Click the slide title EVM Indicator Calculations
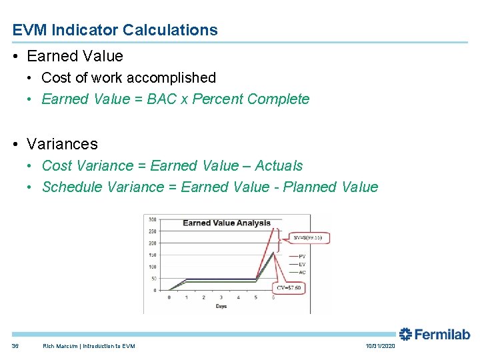(115, 30)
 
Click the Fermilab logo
(435, 335)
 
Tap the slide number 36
(15, 346)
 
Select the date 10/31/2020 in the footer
(380, 346)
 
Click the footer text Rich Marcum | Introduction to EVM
(89, 346)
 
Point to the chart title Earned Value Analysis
(227, 223)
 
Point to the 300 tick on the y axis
(152, 219)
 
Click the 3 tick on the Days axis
(221, 297)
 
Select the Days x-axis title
(221, 306)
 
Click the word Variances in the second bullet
(62, 144)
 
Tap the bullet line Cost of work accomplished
(129, 78)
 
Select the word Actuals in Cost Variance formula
(279, 166)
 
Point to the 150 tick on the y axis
(152, 255)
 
